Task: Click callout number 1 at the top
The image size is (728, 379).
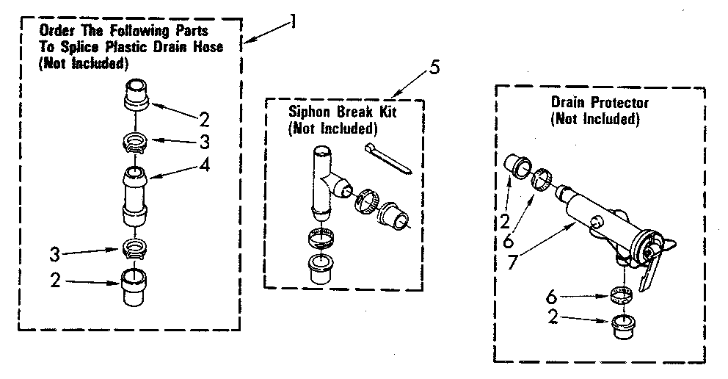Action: coord(292,21)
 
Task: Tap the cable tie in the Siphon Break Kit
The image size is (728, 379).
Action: coord(390,159)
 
